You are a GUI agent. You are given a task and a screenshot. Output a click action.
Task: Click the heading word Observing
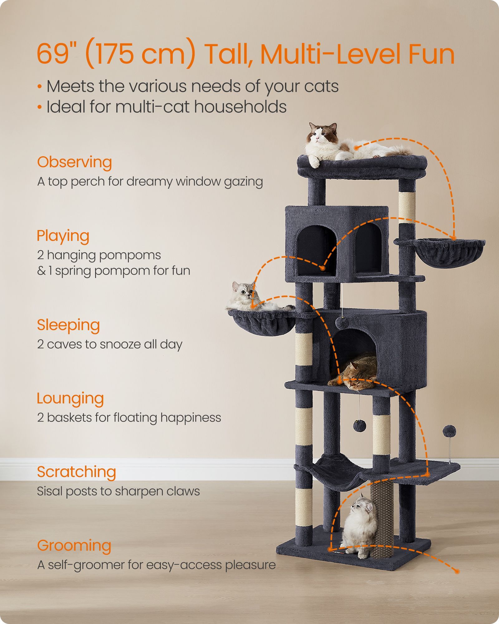75,163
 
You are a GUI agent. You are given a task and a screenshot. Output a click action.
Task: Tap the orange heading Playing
63,236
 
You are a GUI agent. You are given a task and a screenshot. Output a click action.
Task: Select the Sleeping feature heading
68,325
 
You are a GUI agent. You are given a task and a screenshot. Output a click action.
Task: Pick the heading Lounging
70,399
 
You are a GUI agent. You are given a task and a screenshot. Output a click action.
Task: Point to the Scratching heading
76,472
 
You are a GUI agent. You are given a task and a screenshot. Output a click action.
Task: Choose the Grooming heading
74,546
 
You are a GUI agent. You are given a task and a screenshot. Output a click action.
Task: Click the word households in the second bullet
240,107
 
